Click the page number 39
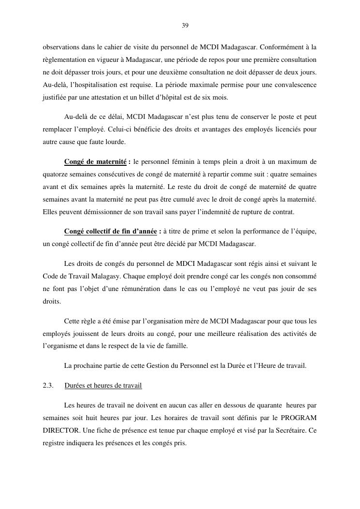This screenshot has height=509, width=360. tap(185, 25)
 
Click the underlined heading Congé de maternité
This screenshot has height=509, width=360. tap(95, 161)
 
